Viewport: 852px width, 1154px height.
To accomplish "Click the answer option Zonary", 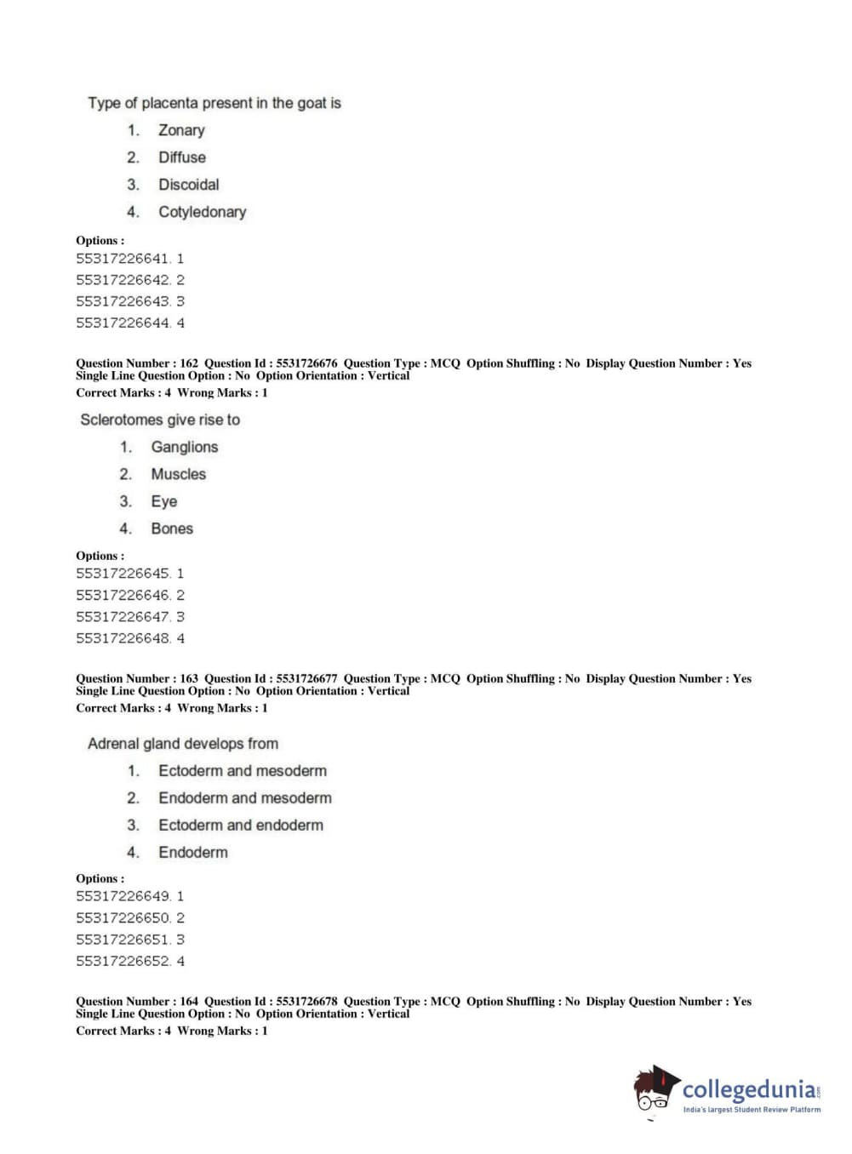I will point(181,130).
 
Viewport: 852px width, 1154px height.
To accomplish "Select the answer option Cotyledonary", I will point(202,212).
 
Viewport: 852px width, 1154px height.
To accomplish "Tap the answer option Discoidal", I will point(188,185).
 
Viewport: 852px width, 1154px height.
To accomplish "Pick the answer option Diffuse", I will point(181,157).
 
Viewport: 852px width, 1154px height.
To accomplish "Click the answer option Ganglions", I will point(184,447).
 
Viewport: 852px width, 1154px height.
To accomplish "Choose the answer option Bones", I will point(172,528).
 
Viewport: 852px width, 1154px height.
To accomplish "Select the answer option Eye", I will point(164,501).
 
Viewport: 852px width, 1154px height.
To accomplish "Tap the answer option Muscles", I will point(178,474).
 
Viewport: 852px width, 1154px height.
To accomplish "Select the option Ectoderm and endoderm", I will point(240,825).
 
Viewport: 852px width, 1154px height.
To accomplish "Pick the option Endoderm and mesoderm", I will point(244,797).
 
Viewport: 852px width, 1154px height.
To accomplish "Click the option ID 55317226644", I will point(123,323).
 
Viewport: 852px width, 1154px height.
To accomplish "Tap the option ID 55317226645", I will point(123,574).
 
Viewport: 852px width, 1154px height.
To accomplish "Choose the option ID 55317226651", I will point(123,940).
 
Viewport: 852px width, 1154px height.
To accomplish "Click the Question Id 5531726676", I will point(306,363).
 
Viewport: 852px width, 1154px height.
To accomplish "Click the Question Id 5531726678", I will point(306,1002).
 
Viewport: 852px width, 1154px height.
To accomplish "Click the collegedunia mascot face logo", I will point(654,1090).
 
